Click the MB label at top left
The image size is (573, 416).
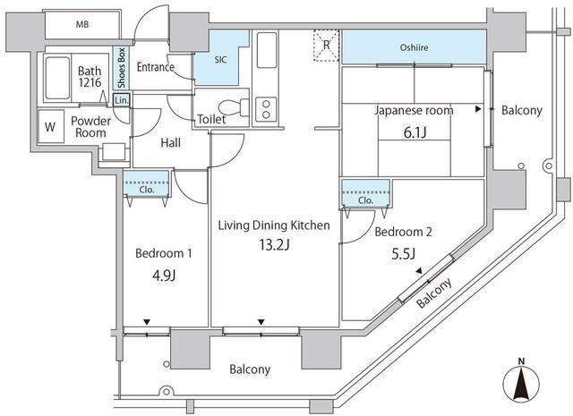[81, 22]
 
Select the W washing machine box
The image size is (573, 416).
[49, 126]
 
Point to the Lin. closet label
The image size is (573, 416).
[122, 100]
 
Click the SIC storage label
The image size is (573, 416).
[221, 60]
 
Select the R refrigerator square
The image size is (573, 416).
[326, 45]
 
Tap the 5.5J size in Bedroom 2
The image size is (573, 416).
[403, 254]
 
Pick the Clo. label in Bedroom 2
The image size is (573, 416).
[365, 200]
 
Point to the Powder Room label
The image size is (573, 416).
[90, 126]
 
